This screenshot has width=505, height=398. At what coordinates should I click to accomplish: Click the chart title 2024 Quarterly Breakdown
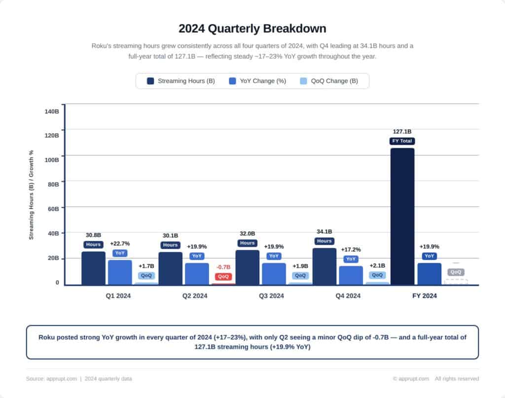point(252,28)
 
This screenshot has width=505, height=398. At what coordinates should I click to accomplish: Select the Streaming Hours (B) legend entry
point(181,81)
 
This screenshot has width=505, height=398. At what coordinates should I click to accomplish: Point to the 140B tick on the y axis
point(52,111)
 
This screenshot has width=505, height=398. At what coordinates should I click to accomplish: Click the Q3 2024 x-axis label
point(271,296)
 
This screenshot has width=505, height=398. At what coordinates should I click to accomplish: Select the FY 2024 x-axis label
point(425,296)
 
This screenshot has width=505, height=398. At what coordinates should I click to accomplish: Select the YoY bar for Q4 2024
point(351,275)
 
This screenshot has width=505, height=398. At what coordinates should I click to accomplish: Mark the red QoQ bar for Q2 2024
point(223,284)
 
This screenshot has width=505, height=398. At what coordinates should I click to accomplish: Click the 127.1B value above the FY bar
point(402,132)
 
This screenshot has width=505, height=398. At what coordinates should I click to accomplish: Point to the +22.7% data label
point(120,244)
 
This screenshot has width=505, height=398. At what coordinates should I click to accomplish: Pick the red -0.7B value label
point(223,267)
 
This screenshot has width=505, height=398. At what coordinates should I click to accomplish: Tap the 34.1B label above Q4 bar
point(324,232)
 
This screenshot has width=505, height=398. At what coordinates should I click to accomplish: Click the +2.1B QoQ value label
point(377,266)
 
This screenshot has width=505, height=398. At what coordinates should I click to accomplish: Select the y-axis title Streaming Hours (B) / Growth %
point(31,195)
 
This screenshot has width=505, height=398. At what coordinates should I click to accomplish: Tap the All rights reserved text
point(457,379)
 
